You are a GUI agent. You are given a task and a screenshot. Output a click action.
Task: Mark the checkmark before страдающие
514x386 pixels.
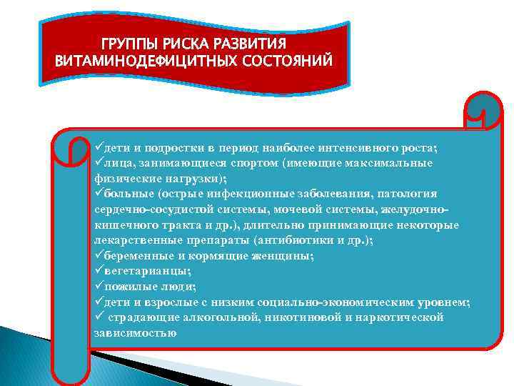pyautogui.click(x=99, y=317)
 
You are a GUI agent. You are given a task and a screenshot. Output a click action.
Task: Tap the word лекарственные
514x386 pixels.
pyautogui.click(x=133, y=240)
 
